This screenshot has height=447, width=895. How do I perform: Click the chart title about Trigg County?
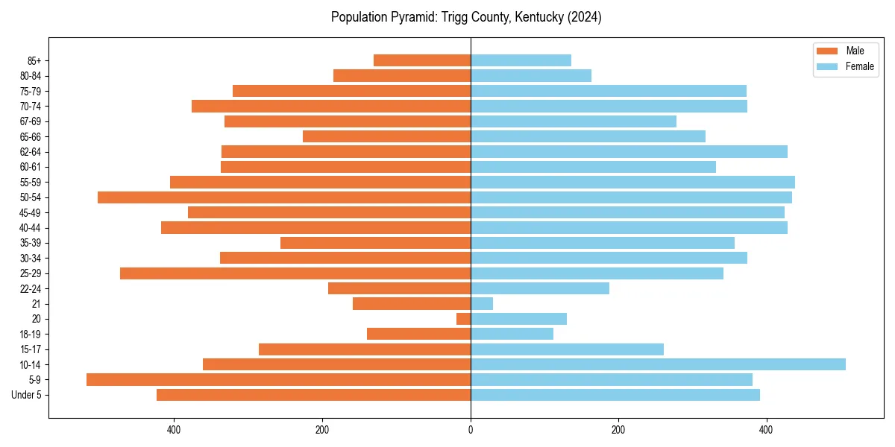[x=466, y=17]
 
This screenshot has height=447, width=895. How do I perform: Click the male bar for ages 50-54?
[x=284, y=197]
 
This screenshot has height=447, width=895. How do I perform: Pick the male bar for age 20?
[x=463, y=319]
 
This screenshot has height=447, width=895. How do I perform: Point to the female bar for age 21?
[x=482, y=304]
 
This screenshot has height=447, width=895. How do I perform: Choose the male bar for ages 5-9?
[x=278, y=380]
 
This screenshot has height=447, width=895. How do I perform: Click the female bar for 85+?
[x=521, y=60]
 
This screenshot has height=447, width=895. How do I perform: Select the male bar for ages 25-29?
[x=295, y=273]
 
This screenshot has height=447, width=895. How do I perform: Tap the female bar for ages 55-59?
[x=632, y=182]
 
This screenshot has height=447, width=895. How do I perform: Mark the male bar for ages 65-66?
[x=386, y=136]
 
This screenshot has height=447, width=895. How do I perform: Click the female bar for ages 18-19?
[x=512, y=334]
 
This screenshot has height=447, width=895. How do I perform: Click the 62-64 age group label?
[x=30, y=152]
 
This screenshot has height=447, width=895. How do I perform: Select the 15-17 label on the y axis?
[x=30, y=349]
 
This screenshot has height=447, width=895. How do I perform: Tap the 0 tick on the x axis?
[x=471, y=430]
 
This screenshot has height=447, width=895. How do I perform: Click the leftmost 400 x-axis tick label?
[x=174, y=430]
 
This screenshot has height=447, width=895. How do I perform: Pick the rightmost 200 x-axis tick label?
[x=618, y=430]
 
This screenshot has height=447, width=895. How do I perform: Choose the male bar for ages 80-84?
[x=402, y=75]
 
